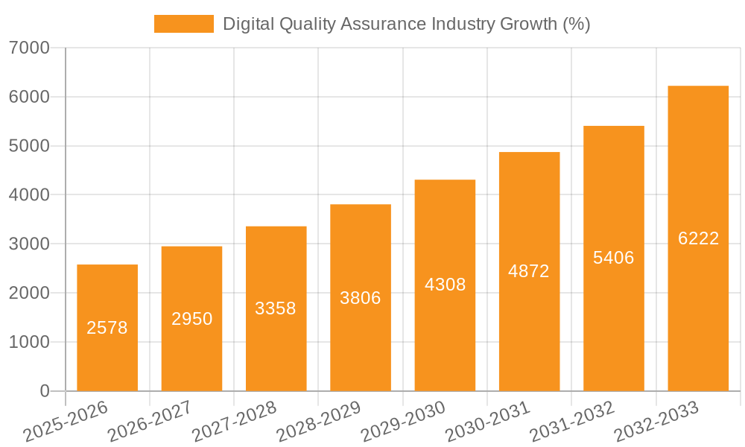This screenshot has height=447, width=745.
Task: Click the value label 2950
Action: click(192, 319)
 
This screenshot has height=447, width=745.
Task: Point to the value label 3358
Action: click(276, 308)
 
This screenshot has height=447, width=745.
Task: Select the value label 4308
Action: click(445, 285)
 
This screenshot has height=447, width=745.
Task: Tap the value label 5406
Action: click(613, 258)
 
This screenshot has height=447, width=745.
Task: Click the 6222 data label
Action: click(698, 238)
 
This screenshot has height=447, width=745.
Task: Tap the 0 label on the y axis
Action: click(44, 391)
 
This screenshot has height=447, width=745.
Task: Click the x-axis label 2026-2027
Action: click(150, 422)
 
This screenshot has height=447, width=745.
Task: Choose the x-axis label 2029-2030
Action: click(403, 422)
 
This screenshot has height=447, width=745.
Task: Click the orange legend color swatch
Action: click(183, 24)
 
